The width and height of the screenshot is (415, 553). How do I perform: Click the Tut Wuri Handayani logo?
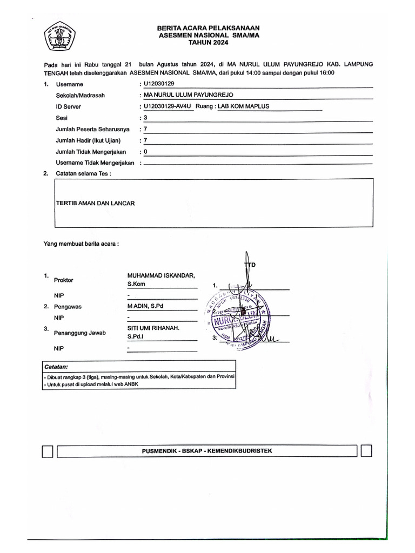[x=60, y=36]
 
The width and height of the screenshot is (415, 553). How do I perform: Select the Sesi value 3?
[x=145, y=118]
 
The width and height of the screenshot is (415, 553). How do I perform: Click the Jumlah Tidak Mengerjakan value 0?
[x=145, y=152]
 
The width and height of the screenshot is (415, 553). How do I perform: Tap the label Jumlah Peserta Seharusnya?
[x=92, y=129]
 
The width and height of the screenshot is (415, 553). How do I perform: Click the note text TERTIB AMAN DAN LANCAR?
[x=95, y=203]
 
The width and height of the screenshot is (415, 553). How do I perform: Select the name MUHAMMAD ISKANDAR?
[x=160, y=275]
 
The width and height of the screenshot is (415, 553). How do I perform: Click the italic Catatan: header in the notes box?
[x=56, y=366]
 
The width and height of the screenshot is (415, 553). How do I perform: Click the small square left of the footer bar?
[x=47, y=451]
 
